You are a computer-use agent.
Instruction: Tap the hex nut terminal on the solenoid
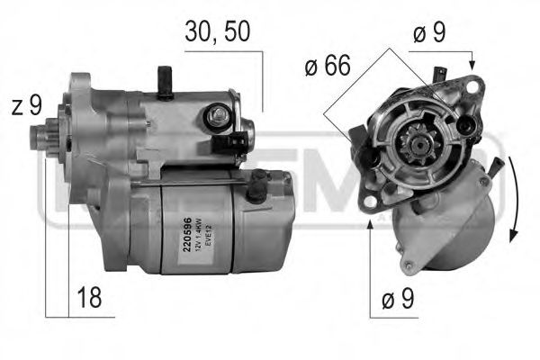(217, 115)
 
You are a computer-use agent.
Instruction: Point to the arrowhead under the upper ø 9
(472, 64)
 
